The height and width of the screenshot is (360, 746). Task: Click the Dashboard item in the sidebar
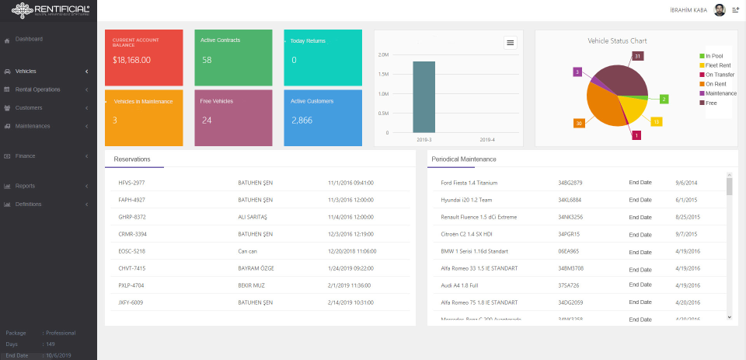coord(29,39)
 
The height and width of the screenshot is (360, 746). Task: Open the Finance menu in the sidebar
coord(25,156)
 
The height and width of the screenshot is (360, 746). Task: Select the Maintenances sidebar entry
coord(32,126)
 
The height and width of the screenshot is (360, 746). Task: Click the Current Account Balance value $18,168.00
coord(131,60)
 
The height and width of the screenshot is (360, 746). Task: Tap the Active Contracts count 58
coord(207,60)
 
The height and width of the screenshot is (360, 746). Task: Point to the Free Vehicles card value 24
coord(207,121)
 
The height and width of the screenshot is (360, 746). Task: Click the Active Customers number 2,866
coord(302,121)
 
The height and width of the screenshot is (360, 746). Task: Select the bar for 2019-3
coord(424,96)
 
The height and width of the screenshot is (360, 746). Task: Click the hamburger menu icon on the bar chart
coord(511,43)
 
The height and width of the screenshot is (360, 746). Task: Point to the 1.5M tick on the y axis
coord(382,75)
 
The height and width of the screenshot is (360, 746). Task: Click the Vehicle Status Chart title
coord(617,40)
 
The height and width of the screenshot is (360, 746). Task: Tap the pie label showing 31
coord(638,56)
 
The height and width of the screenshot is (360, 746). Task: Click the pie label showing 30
coord(579,123)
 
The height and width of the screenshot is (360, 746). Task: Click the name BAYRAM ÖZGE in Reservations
coord(256,268)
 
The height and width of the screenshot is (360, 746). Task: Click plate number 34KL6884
coord(570,200)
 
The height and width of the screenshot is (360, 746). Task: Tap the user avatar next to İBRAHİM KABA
coord(719,10)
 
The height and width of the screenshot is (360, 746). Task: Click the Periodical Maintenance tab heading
coord(464,159)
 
